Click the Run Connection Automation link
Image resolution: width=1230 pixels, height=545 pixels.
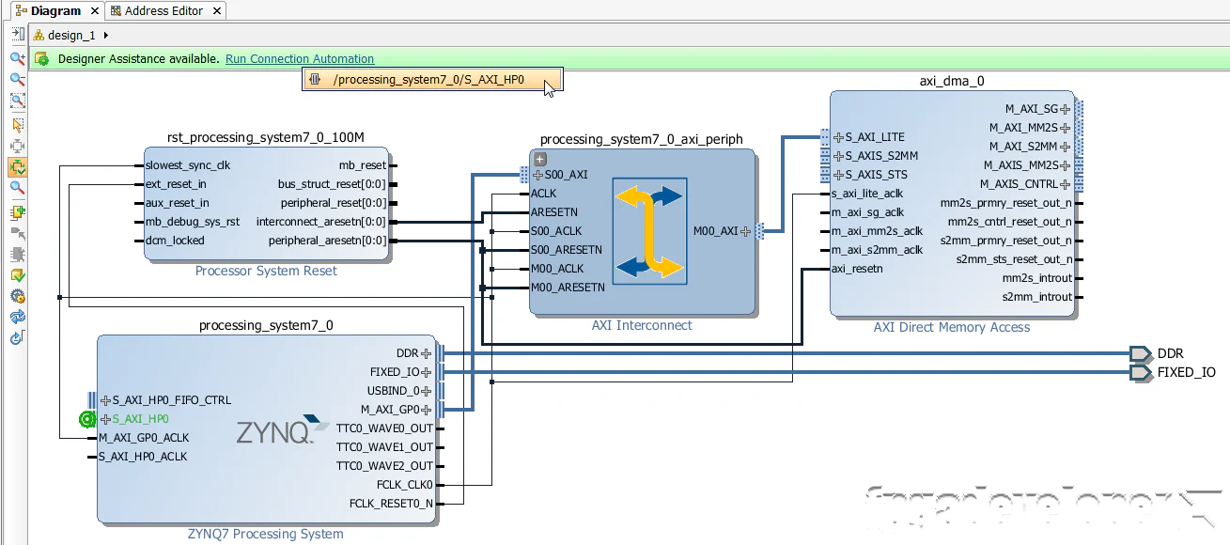[300, 59]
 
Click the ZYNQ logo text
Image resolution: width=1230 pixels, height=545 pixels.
[273, 432]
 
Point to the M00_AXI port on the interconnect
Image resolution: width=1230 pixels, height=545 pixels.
[716, 231]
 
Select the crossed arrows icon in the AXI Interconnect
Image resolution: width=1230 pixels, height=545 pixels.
[649, 231]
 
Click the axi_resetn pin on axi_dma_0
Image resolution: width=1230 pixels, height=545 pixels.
[857, 269]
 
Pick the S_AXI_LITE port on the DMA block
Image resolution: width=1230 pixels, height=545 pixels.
[874, 137]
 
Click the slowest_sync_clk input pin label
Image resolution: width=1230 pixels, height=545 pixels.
[188, 165]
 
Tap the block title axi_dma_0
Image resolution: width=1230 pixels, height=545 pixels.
[951, 81]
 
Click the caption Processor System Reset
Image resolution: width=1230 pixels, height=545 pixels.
[266, 271]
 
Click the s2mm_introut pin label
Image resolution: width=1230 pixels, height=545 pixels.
[1036, 297]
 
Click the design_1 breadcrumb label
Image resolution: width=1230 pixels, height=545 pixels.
[71, 36]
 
